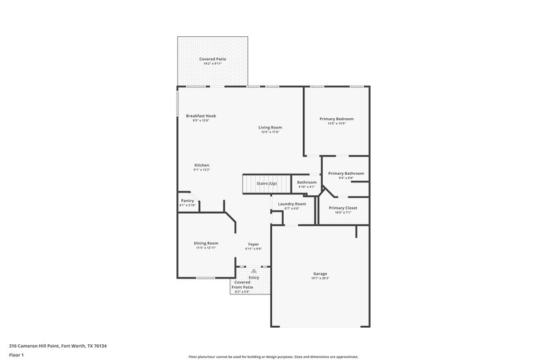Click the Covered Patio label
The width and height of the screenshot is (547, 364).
point(213,59)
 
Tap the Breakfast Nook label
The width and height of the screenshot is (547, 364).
point(201,116)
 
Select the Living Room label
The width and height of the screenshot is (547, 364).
point(270,127)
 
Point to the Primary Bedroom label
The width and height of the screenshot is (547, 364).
point(336,119)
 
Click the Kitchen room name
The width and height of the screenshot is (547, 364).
point(202,165)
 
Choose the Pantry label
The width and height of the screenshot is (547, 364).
point(187,201)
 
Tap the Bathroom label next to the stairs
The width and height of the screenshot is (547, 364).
point(306,182)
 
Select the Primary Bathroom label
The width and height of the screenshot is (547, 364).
point(345,173)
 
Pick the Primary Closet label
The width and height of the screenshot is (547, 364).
point(343,208)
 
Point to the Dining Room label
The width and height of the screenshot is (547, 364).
point(206,243)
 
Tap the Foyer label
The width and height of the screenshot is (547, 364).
point(253,244)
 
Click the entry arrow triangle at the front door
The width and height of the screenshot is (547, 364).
point(254,271)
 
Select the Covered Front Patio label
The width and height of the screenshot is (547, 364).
point(243,285)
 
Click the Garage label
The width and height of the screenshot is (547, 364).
point(320,273)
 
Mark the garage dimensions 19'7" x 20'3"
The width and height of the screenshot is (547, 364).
point(320,279)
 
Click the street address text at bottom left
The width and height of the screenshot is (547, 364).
point(57,346)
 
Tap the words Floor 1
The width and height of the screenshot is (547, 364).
point(17,355)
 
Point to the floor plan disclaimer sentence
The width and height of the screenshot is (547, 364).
point(273,356)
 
